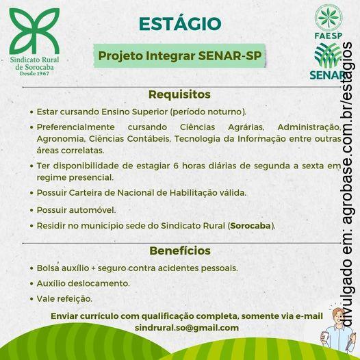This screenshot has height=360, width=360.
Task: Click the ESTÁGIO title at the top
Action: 180,23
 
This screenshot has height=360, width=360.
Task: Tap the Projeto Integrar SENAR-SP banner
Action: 179,55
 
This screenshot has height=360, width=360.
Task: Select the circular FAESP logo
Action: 328,18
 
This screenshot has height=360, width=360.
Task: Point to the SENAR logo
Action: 327,61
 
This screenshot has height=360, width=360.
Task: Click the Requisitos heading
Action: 179,94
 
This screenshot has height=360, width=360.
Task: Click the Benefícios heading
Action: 179,250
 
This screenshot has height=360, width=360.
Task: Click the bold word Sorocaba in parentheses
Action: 251,225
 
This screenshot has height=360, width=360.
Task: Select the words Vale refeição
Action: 64,298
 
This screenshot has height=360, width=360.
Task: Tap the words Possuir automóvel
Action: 76,209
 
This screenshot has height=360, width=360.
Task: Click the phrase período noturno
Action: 207,110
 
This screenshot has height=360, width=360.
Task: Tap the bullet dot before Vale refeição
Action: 31,299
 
